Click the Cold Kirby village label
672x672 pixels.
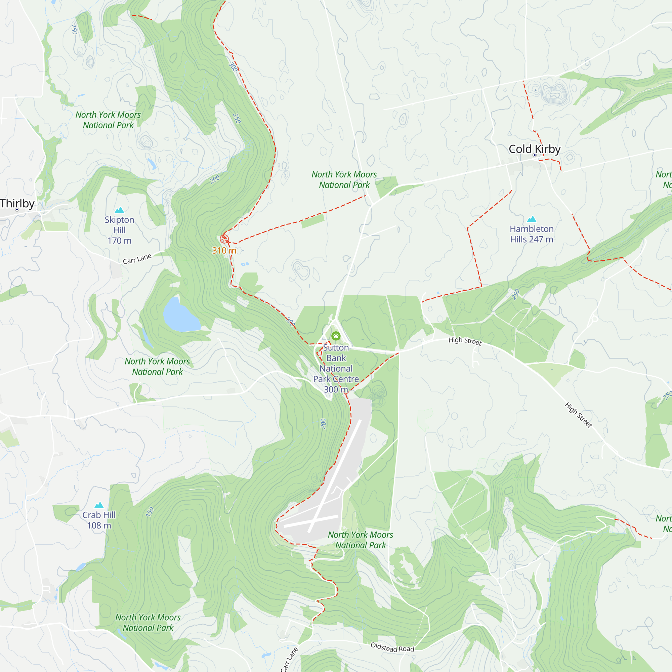(534, 149)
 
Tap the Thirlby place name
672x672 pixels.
(17, 203)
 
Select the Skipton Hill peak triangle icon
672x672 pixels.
(119, 210)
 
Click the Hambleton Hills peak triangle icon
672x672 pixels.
(532, 219)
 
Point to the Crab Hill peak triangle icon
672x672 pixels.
(99, 505)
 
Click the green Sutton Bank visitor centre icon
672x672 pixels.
(336, 336)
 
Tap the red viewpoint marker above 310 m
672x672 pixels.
(224, 239)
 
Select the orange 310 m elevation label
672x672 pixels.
(224, 250)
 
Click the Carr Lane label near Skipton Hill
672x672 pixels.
(137, 259)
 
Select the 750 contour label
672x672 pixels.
(74, 30)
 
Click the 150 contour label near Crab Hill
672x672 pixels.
(150, 512)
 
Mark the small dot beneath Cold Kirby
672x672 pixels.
(535, 155)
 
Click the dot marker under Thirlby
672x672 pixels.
(17, 209)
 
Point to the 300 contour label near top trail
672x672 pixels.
(233, 67)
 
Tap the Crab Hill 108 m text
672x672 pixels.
(99, 520)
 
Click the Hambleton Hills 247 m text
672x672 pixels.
(532, 234)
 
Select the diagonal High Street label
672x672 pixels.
(578, 415)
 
